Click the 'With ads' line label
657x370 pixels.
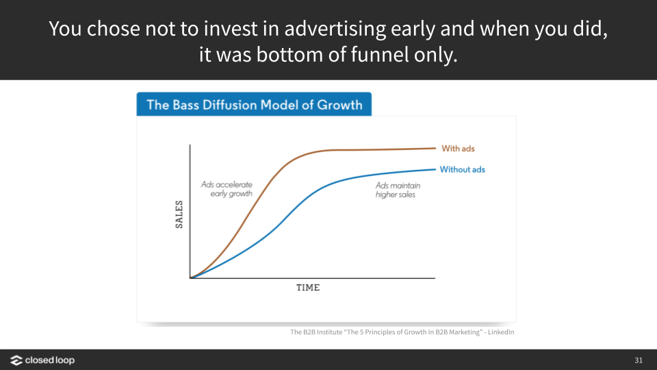click(458, 149)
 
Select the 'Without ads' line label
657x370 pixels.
click(462, 169)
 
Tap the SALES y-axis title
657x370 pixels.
click(179, 214)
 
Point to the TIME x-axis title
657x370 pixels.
click(308, 288)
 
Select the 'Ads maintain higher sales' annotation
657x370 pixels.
click(398, 190)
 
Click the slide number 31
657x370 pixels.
click(639, 360)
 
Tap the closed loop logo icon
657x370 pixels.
click(16, 360)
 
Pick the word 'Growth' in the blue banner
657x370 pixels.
click(339, 105)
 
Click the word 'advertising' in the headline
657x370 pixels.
click(335, 29)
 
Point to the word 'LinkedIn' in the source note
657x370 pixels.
click(501, 332)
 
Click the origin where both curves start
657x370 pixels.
click(190, 277)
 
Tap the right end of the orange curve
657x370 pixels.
click(436, 148)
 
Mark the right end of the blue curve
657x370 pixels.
click(436, 169)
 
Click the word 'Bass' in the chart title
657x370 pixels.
click(185, 105)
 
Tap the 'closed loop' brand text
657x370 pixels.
click(50, 360)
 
